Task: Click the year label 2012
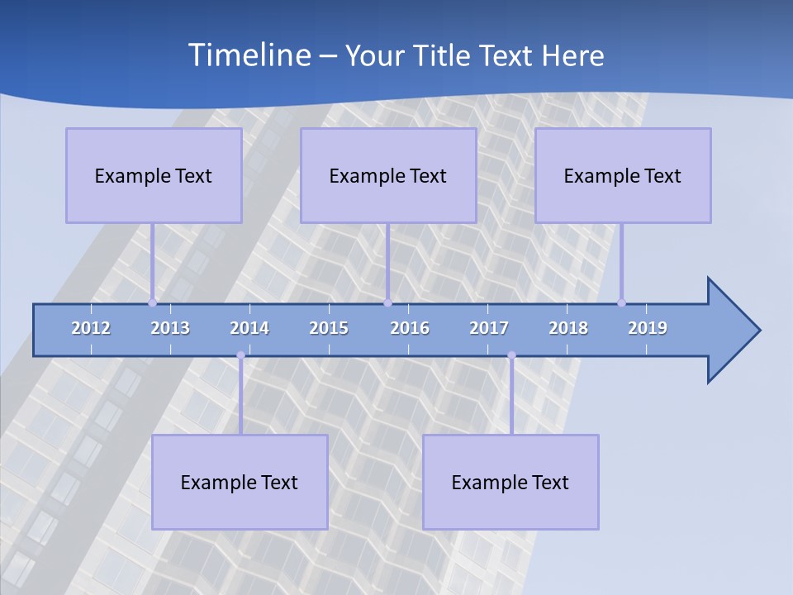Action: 91,328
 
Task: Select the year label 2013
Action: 170,328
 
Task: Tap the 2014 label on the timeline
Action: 249,328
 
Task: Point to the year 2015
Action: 329,328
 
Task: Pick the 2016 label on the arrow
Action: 410,328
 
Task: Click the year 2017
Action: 489,328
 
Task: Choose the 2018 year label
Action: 568,328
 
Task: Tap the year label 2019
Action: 648,328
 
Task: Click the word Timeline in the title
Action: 248,55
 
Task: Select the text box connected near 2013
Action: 154,175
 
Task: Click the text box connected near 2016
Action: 388,175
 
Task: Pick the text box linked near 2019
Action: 623,175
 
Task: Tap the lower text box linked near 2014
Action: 240,482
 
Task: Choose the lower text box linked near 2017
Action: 510,482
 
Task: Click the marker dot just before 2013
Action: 152,302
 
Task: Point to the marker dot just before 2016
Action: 387,302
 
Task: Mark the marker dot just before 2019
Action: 621,302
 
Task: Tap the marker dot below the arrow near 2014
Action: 240,355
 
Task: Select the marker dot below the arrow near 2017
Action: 511,355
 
